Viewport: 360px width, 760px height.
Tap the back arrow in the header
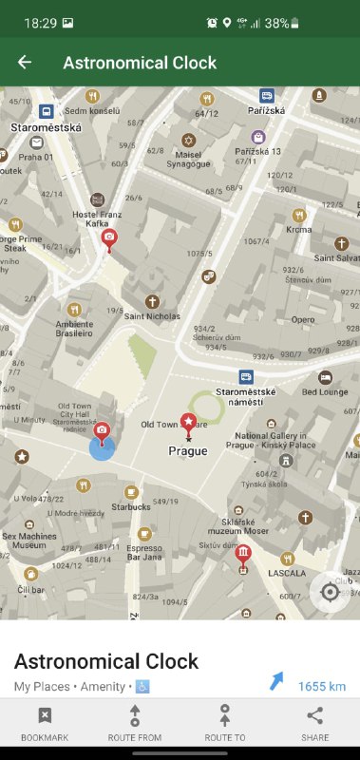point(25,63)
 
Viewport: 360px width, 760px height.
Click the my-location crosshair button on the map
point(330,592)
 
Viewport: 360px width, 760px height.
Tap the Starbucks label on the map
point(129,507)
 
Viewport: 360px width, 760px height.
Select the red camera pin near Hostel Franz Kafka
point(110,238)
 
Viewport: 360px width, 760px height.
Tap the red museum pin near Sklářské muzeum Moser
point(243,555)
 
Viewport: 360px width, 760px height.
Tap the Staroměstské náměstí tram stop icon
point(246,376)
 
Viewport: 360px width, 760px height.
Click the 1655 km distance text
point(321,686)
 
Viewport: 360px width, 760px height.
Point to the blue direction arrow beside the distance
point(276,681)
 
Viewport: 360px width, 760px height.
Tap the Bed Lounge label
point(326,391)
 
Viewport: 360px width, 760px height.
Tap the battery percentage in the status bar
point(277,23)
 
